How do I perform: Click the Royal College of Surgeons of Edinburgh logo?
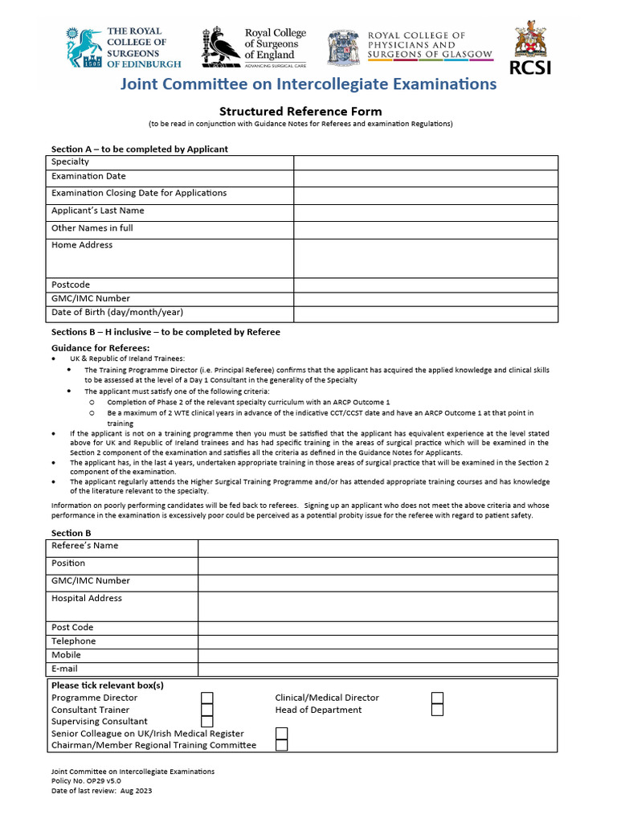pyautogui.click(x=123, y=47)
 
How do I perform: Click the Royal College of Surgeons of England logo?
pyautogui.click(x=254, y=47)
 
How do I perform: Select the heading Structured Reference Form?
pyautogui.click(x=300, y=111)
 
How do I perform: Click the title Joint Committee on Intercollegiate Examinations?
pyautogui.click(x=308, y=84)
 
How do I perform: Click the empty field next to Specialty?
pyautogui.click(x=425, y=162)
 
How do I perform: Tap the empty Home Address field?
pyautogui.click(x=425, y=258)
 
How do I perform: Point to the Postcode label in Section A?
pyautogui.click(x=71, y=285)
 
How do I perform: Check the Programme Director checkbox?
pyautogui.click(x=206, y=698)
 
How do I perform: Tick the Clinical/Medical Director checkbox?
pyautogui.click(x=437, y=698)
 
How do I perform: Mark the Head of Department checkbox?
pyautogui.click(x=437, y=710)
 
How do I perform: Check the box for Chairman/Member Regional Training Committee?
pyautogui.click(x=281, y=745)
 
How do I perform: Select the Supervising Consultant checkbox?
pyautogui.click(x=206, y=722)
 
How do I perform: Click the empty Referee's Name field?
pyautogui.click(x=378, y=547)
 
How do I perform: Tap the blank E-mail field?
pyautogui.click(x=378, y=669)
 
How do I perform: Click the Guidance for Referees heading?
pyautogui.click(x=100, y=347)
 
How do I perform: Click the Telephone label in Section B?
pyautogui.click(x=74, y=641)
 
